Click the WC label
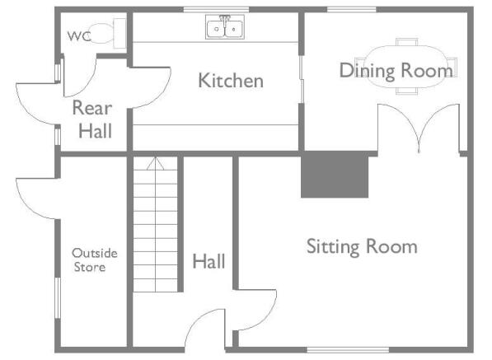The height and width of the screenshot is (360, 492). (x=79, y=36)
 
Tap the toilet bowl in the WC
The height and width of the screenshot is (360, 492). (x=102, y=34)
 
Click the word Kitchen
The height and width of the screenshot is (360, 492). (x=231, y=81)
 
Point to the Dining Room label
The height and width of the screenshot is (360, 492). (x=396, y=71)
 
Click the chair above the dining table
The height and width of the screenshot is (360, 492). (x=406, y=42)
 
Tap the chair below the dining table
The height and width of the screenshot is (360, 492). (x=406, y=91)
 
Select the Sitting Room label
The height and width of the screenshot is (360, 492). (x=362, y=247)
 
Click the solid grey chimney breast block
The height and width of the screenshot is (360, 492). (x=335, y=175)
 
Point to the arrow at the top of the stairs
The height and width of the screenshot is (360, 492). (x=155, y=163)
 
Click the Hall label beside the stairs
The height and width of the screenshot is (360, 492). (x=209, y=261)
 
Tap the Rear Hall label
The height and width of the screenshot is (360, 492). (x=93, y=119)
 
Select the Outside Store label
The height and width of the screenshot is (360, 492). (x=95, y=260)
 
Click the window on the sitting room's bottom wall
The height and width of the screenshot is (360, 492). (x=348, y=349)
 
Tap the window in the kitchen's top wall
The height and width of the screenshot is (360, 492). (x=216, y=10)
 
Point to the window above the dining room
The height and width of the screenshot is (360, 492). (x=352, y=10)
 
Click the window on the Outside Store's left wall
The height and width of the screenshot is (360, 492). (x=58, y=298)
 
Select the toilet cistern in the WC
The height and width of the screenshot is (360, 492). (x=119, y=33)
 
